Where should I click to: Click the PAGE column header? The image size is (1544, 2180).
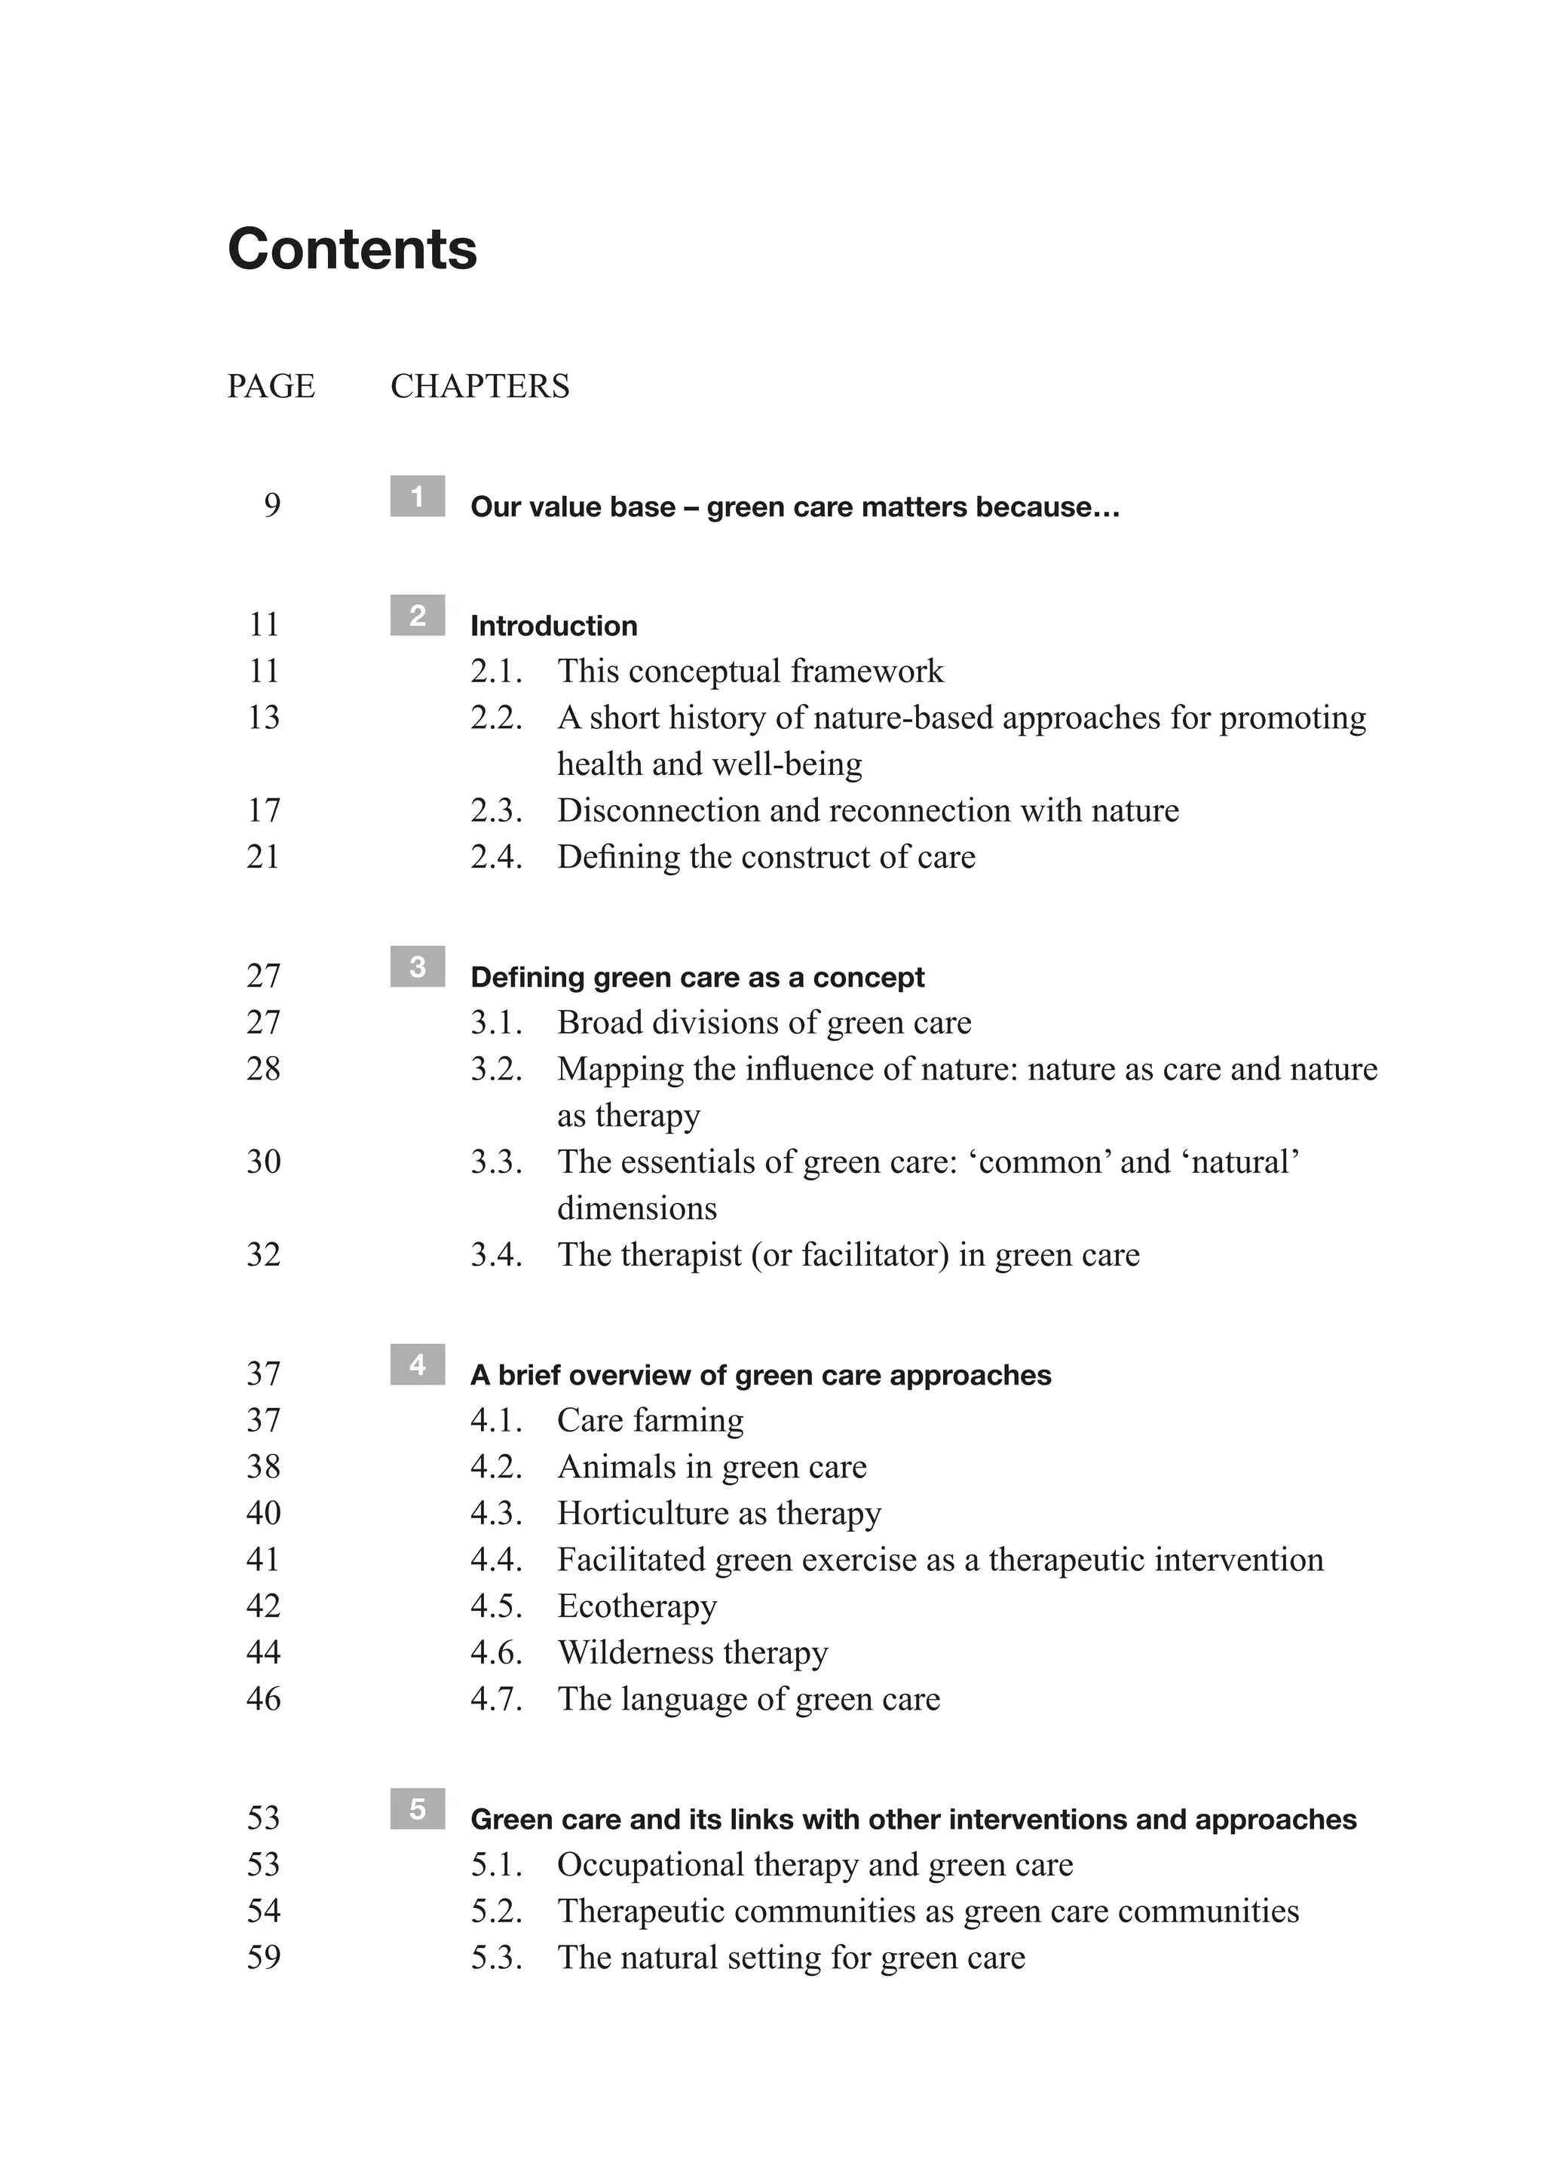pos(271,386)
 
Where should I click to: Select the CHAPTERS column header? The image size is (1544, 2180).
pos(479,386)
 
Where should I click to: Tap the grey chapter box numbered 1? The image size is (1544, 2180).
pos(418,496)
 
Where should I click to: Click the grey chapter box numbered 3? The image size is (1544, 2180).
pos(418,967)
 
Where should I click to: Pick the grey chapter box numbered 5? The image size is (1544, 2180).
pos(418,1808)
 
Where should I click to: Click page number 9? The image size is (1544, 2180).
pos(272,506)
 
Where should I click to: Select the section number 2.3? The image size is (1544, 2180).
pos(496,811)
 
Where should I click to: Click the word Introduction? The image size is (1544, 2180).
pos(553,626)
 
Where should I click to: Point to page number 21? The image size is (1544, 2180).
pos(263,858)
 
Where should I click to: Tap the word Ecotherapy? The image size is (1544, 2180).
pos(637,1606)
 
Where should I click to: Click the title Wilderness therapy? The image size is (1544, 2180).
pos(692,1652)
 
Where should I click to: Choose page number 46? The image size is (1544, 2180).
pos(263,1699)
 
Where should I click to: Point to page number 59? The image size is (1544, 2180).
pos(263,1958)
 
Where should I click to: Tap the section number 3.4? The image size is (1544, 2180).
pos(496,1255)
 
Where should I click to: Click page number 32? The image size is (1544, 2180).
pos(263,1255)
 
